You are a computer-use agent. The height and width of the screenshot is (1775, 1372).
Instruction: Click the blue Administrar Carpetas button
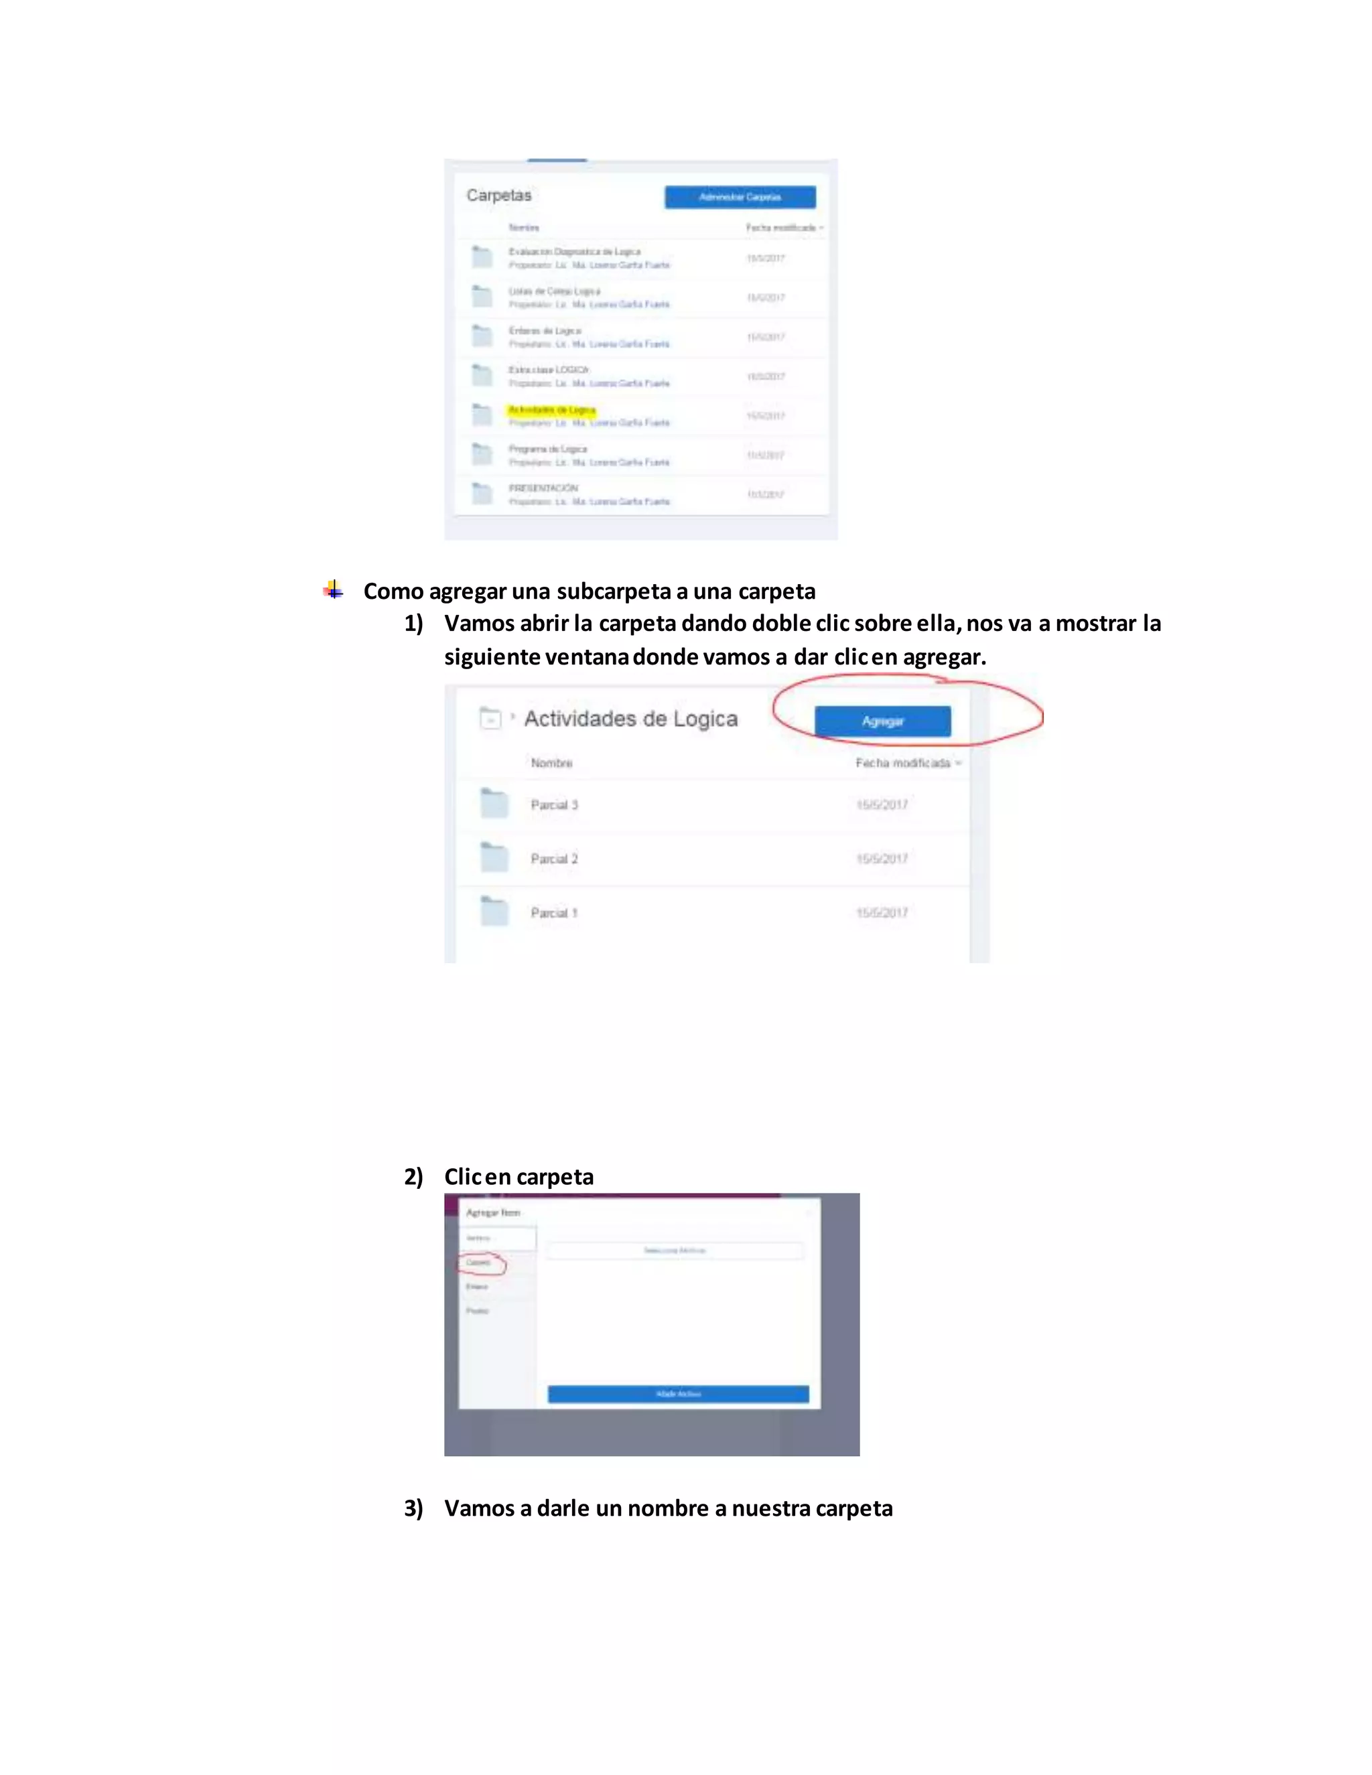[740, 197]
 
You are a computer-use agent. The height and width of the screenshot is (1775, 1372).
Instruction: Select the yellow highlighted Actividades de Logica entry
[552, 410]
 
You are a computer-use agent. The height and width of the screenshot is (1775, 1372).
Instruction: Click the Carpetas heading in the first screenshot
[498, 195]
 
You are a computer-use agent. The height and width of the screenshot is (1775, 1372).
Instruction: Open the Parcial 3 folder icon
[493, 803]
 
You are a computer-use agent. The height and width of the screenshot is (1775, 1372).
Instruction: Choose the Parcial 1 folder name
[554, 913]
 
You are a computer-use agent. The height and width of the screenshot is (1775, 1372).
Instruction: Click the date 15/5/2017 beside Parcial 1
[882, 913]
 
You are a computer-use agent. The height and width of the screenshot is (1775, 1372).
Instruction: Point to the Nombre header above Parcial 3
[552, 762]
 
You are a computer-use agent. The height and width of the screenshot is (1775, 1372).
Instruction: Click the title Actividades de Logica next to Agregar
[630, 719]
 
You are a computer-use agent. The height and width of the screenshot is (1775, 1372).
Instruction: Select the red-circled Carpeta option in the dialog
[479, 1262]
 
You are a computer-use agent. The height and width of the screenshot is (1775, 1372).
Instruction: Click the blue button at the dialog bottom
[678, 1394]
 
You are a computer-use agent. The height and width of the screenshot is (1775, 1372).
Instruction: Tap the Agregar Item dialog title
[492, 1212]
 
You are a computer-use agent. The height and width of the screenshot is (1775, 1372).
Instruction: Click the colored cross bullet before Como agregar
[333, 589]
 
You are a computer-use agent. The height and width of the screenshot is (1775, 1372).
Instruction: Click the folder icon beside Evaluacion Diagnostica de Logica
[482, 257]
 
